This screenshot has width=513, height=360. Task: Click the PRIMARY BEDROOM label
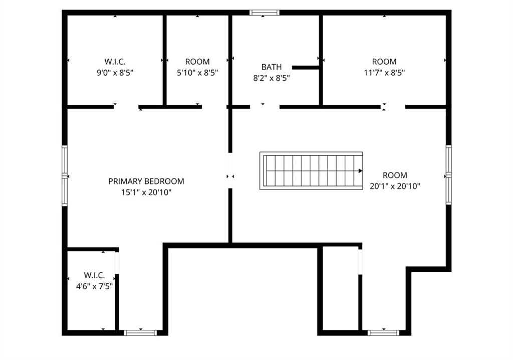(146, 181)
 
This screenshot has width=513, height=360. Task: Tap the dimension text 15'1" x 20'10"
(146, 192)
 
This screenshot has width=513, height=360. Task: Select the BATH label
(272, 67)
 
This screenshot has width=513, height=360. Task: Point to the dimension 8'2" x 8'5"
(272, 78)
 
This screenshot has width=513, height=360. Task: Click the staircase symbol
(311, 170)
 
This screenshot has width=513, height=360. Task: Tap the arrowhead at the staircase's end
(360, 170)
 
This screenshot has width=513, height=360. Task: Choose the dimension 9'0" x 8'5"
(115, 72)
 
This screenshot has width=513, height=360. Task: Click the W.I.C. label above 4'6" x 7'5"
(94, 275)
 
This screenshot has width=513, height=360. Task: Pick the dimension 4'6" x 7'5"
(91, 286)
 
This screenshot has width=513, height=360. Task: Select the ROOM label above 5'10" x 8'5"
(197, 61)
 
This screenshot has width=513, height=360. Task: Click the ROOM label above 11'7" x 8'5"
(384, 61)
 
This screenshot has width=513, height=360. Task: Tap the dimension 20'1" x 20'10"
(395, 186)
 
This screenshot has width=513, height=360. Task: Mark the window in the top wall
(265, 13)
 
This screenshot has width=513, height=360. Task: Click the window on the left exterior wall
(65, 175)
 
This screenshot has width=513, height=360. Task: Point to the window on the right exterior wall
(448, 175)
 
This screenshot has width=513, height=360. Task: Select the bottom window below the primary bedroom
(140, 332)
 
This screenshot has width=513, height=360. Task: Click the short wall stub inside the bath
(306, 67)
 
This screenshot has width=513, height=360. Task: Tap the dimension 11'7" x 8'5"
(384, 72)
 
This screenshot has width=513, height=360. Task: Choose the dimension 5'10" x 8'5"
(197, 72)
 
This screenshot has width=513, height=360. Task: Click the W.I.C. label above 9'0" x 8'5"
(115, 61)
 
